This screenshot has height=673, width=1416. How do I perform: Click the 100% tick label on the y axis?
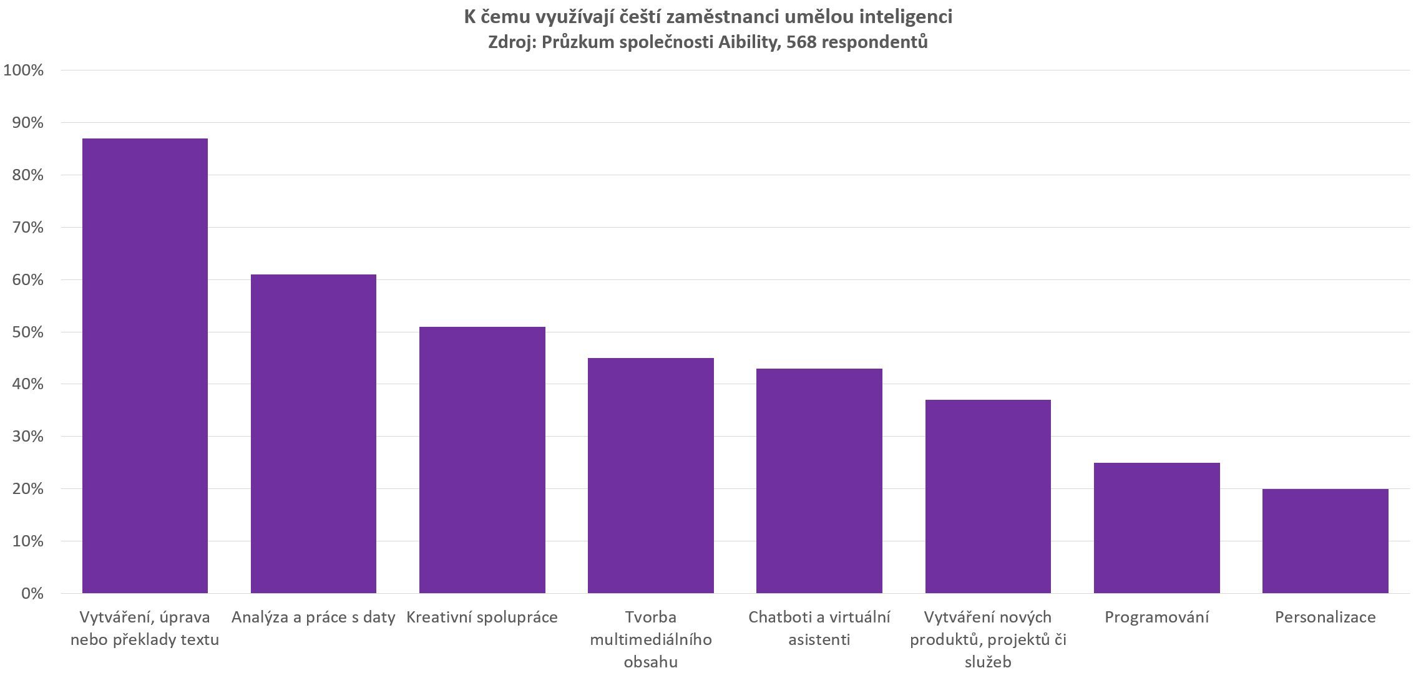point(24,70)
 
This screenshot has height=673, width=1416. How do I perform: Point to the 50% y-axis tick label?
point(27,332)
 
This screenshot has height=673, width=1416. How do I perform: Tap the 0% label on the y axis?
point(32,593)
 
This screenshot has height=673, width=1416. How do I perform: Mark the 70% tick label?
point(27,227)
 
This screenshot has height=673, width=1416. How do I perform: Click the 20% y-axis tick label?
point(27,488)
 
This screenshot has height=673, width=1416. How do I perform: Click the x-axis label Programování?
point(1156,617)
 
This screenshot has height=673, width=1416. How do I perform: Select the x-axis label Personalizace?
point(1325,617)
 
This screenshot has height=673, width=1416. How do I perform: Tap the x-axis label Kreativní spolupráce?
point(482,617)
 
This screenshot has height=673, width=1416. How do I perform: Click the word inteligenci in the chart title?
point(906,17)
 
